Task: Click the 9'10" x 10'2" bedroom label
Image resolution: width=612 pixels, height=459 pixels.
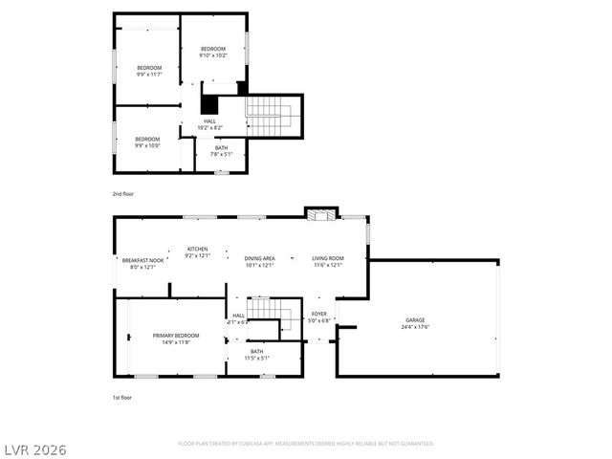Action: coord(212,53)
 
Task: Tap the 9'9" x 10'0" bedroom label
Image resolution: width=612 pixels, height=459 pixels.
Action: coord(147,142)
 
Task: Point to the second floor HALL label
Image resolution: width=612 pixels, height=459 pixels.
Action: coord(209,124)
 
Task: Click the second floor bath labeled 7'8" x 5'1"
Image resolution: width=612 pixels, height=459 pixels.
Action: coord(221,150)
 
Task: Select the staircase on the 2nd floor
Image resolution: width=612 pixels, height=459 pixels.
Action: coord(270,116)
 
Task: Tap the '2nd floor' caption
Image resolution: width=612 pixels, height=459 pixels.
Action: coord(122,194)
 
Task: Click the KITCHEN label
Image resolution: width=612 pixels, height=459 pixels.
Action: coord(196,252)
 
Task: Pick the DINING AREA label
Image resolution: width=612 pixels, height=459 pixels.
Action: coord(259,262)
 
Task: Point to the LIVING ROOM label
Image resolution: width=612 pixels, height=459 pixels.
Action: coord(327,262)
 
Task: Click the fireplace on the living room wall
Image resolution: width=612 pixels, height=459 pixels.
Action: coord(321,214)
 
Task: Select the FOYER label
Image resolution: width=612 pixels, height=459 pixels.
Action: coord(319,317)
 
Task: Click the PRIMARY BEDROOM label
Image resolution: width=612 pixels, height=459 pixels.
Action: coord(176,339)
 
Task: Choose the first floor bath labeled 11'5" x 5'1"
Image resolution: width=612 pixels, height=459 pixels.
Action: coord(257,355)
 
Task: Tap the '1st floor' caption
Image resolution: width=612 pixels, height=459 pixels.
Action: coord(121,396)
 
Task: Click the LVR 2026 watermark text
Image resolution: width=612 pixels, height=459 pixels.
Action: coord(34,448)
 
